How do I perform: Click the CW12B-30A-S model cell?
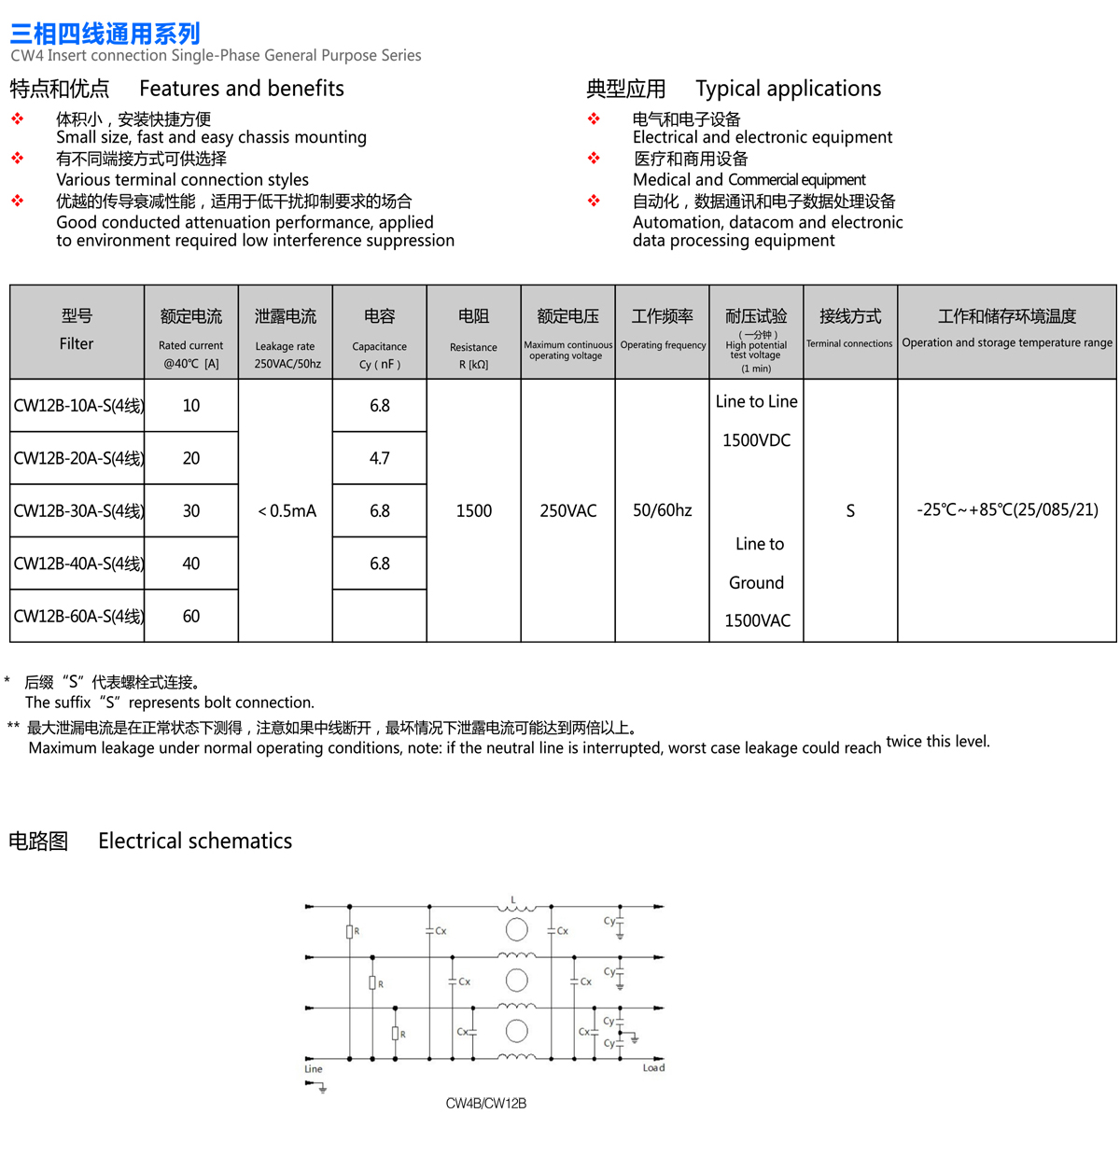point(78,511)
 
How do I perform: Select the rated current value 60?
point(191,617)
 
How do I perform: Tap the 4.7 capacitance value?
point(379,458)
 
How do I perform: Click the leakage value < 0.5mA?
point(287,511)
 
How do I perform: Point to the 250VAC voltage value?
point(567,511)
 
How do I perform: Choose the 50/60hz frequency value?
point(663,511)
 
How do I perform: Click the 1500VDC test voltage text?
point(756,440)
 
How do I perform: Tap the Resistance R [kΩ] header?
point(473,355)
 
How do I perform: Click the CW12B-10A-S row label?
point(78,406)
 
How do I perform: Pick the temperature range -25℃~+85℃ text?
point(1007,510)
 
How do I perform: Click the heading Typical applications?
point(788,89)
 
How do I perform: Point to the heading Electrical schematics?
point(195,841)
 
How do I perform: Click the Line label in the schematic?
point(314,1069)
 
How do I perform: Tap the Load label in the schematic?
point(653,1068)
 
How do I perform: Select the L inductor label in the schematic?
point(512,899)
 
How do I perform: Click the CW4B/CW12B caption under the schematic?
point(485,1104)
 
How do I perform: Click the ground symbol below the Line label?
point(322,1088)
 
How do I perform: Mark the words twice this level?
point(937,742)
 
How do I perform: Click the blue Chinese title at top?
point(105,35)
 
